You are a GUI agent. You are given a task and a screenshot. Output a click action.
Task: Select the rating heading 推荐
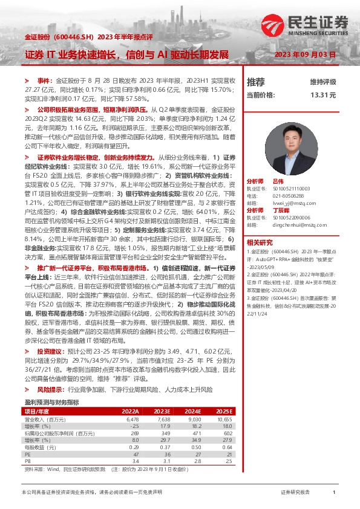pos(256,82)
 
